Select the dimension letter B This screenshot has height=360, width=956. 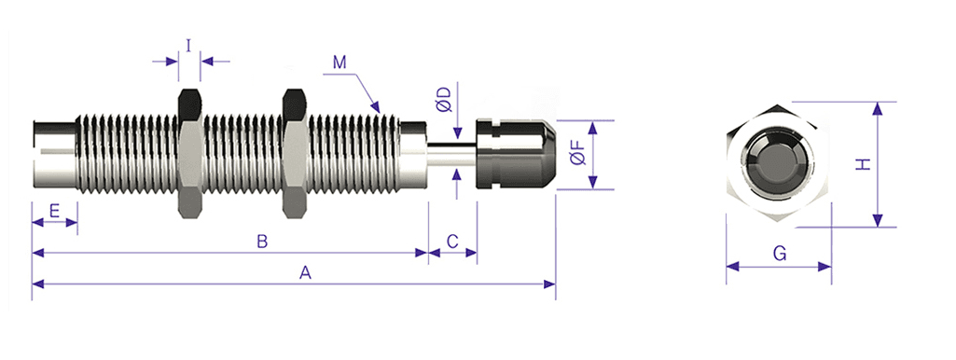point(261,242)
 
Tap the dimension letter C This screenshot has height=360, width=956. point(452,242)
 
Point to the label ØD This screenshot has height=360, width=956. point(444,100)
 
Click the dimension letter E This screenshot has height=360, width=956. point(54,212)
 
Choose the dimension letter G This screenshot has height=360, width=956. point(779,254)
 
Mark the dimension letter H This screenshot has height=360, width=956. point(863,163)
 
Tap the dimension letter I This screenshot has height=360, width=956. point(189,47)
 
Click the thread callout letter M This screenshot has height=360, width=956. point(339,62)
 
